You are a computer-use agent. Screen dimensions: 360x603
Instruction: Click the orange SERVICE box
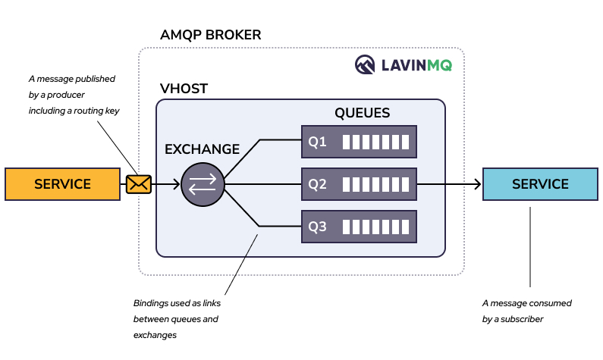[x=62, y=184]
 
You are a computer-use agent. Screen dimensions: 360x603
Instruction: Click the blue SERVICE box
[x=539, y=184]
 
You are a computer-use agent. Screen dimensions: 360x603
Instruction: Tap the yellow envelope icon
[x=138, y=183]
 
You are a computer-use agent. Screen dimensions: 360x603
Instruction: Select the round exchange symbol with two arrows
[x=203, y=184]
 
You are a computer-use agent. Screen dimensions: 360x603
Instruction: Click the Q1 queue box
[x=359, y=142]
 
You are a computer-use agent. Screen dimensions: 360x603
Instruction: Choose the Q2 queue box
[x=359, y=184]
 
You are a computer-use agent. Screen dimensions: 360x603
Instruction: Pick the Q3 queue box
[x=359, y=226]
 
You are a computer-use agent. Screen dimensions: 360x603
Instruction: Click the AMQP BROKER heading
[x=210, y=35]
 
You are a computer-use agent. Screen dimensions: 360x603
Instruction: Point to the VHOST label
[x=182, y=89]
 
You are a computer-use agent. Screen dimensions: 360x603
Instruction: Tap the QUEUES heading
[x=362, y=113]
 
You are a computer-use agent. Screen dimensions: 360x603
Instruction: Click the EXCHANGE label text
[x=202, y=149]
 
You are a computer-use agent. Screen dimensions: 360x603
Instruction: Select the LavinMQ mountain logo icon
[x=366, y=65]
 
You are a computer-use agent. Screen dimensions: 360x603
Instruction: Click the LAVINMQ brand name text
[x=416, y=65]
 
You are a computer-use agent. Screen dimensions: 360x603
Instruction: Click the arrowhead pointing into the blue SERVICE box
[x=477, y=184]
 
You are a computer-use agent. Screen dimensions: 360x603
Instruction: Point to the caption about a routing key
[x=74, y=94]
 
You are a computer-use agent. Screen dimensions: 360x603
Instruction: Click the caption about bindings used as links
[x=176, y=319]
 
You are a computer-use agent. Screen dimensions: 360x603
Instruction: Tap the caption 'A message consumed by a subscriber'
[x=527, y=311]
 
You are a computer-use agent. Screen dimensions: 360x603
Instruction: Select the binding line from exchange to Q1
[x=247, y=155]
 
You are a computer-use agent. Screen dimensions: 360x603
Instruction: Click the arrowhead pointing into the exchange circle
[x=177, y=184]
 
